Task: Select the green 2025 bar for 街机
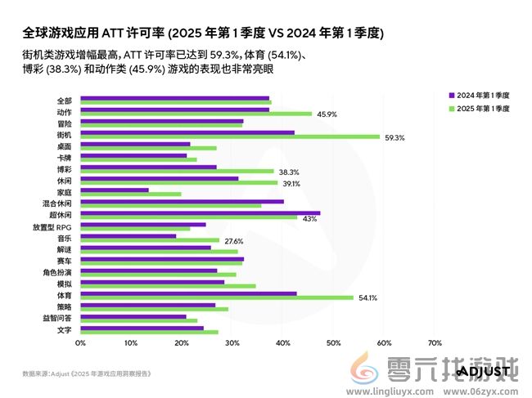(x=230, y=137)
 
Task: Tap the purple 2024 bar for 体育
(x=188, y=293)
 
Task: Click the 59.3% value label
(x=394, y=137)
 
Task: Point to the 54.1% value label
(x=367, y=298)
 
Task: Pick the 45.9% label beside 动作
(x=327, y=114)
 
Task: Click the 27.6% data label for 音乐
(x=234, y=241)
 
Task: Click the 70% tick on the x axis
(x=435, y=343)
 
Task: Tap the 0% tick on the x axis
(x=80, y=343)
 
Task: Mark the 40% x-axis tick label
(x=282, y=343)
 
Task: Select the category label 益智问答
(x=57, y=318)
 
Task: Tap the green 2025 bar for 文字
(x=149, y=333)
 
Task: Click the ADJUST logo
(x=483, y=372)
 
